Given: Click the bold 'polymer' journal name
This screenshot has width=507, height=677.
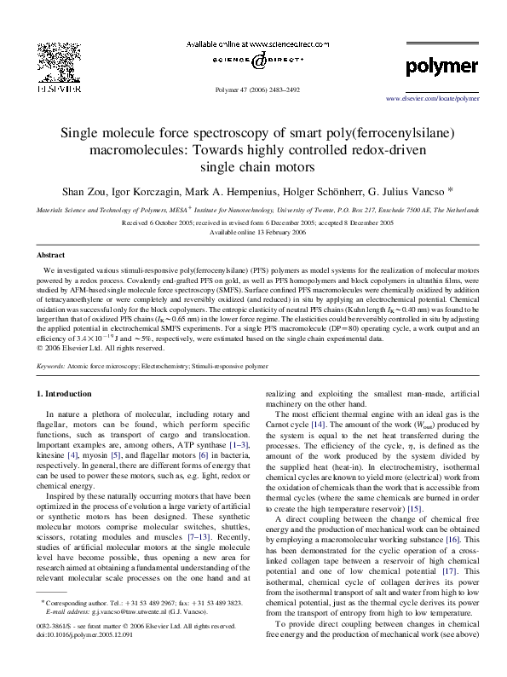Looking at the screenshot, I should point(441,66).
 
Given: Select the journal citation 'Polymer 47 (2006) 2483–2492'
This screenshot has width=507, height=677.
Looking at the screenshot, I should point(255,88).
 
